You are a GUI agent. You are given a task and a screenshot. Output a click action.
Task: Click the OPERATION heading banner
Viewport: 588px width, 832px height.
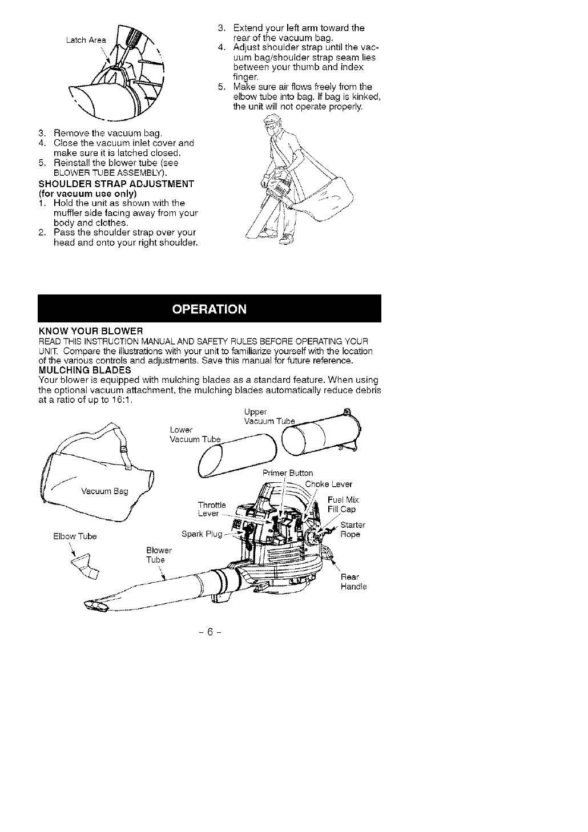point(210,309)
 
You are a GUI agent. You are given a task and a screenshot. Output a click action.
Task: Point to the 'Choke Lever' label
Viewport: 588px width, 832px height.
point(329,484)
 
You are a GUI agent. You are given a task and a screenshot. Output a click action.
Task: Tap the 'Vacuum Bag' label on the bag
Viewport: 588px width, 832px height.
point(104,491)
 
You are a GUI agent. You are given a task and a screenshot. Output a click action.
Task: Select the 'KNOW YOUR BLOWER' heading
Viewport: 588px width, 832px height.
point(90,332)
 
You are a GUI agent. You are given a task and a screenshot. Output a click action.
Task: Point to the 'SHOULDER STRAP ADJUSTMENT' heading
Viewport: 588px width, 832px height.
point(116,183)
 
